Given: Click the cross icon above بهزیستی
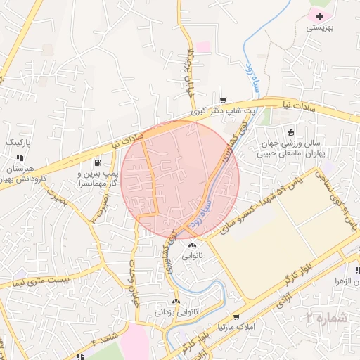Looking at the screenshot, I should (x=321, y=15).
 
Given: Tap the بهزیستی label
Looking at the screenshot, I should (x=321, y=28).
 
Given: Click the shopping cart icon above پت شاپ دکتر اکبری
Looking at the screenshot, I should (x=223, y=101).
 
